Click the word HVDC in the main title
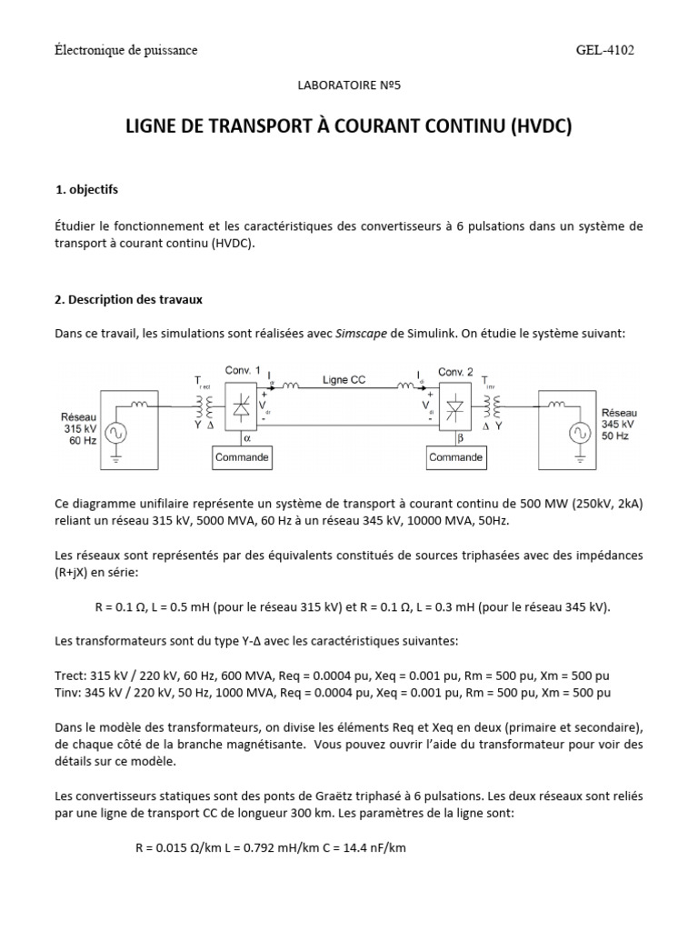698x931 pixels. point(540,126)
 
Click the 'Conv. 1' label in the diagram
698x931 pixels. point(242,371)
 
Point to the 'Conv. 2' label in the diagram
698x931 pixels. point(455,372)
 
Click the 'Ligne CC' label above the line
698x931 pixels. point(344,379)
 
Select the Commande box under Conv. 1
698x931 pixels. point(242,457)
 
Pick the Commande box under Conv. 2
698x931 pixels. point(455,457)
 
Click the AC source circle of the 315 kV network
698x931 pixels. point(117,433)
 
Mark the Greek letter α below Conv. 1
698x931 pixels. point(247,437)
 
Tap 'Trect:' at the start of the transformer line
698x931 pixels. point(74,675)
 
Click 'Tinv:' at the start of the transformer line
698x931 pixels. point(72,692)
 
